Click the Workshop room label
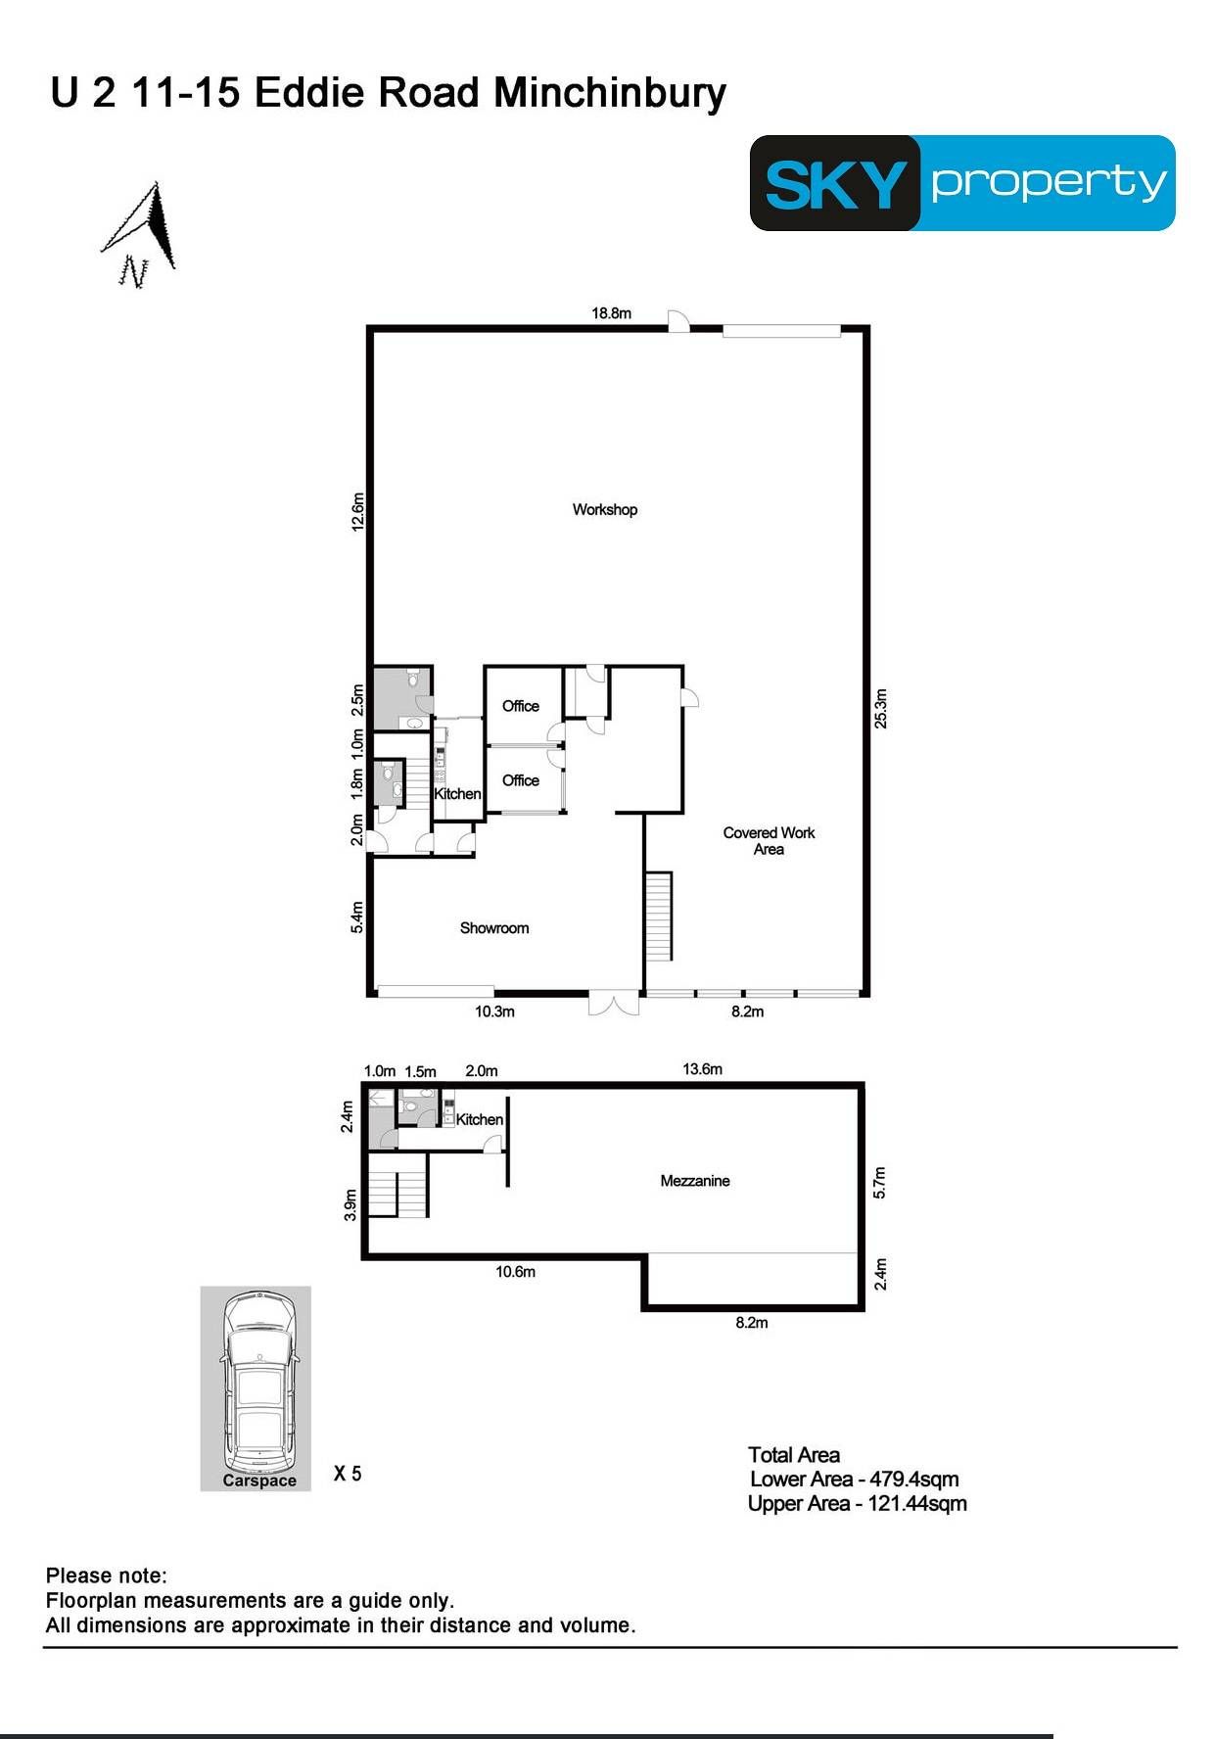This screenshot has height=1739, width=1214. [605, 509]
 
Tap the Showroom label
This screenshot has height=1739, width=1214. [494, 928]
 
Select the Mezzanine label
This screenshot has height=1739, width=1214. [695, 1181]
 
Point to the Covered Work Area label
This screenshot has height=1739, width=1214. [769, 841]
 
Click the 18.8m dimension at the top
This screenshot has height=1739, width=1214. [611, 313]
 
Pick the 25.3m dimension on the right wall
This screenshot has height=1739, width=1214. [881, 709]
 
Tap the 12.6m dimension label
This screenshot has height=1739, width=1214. [358, 511]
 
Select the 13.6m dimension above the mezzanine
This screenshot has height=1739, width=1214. [702, 1069]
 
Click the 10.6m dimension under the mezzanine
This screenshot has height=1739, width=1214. [515, 1272]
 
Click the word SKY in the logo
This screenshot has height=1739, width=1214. [835, 184]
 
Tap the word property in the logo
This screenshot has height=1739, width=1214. [1049, 183]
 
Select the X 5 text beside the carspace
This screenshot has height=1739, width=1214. [348, 1474]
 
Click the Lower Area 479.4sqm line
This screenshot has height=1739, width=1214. [855, 1480]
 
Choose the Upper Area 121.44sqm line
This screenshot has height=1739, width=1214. [858, 1504]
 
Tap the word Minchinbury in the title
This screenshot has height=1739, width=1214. [610, 93]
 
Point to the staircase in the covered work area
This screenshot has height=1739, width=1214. [659, 916]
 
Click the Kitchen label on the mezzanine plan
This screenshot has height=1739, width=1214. [480, 1119]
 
